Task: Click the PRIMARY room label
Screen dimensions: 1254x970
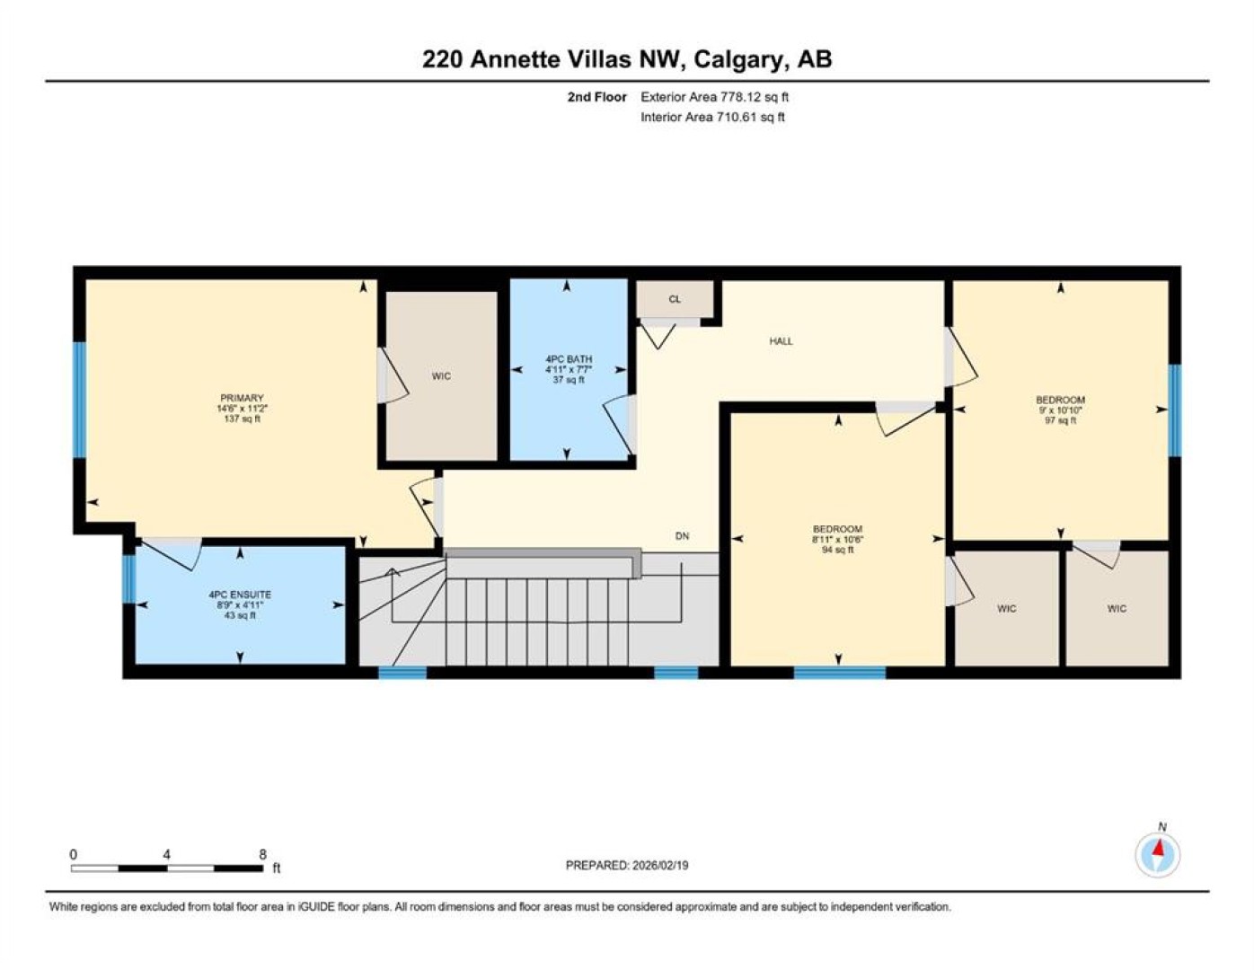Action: click(242, 398)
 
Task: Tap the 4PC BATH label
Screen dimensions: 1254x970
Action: click(569, 359)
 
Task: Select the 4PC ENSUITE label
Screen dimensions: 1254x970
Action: click(240, 595)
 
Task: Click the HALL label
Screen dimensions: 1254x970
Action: click(781, 341)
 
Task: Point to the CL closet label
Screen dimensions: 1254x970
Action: click(675, 299)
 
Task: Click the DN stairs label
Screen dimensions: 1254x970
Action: click(682, 535)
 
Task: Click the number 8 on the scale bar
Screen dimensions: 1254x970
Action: click(262, 854)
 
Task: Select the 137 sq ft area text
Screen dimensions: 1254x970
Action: click(242, 419)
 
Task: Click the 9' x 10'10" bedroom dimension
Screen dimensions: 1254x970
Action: click(1060, 410)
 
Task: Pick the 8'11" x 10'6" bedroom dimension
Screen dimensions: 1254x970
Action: click(837, 540)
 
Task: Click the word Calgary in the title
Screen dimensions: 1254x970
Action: click(740, 60)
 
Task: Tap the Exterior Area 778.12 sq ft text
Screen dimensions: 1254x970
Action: click(714, 97)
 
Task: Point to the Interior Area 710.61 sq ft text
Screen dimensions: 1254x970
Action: click(712, 117)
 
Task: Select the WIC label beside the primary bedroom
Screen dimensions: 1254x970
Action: click(441, 376)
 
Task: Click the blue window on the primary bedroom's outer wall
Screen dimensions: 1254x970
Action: click(80, 400)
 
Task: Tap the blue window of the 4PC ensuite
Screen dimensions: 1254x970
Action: click(129, 578)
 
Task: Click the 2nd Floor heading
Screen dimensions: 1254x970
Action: click(596, 97)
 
